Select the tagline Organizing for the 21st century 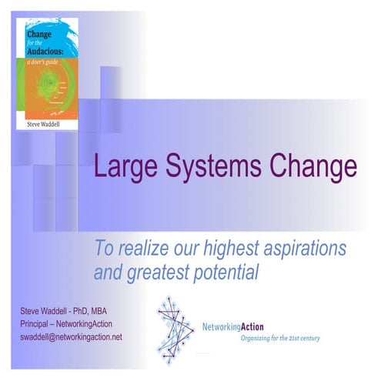coord(280,338)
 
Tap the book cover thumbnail coord(48,74)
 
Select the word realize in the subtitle coord(133,249)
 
